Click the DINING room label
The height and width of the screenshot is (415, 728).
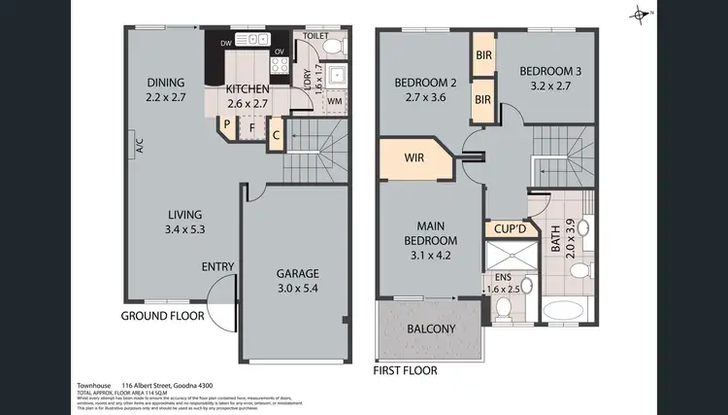point(165,89)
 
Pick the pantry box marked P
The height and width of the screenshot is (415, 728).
point(226,124)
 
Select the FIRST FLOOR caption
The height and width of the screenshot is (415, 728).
point(405,370)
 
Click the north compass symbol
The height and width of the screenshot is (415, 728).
point(639,13)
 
